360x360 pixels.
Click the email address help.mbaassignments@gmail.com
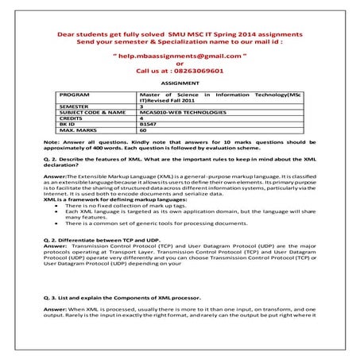[180, 57]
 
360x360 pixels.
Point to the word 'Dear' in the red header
[68, 36]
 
